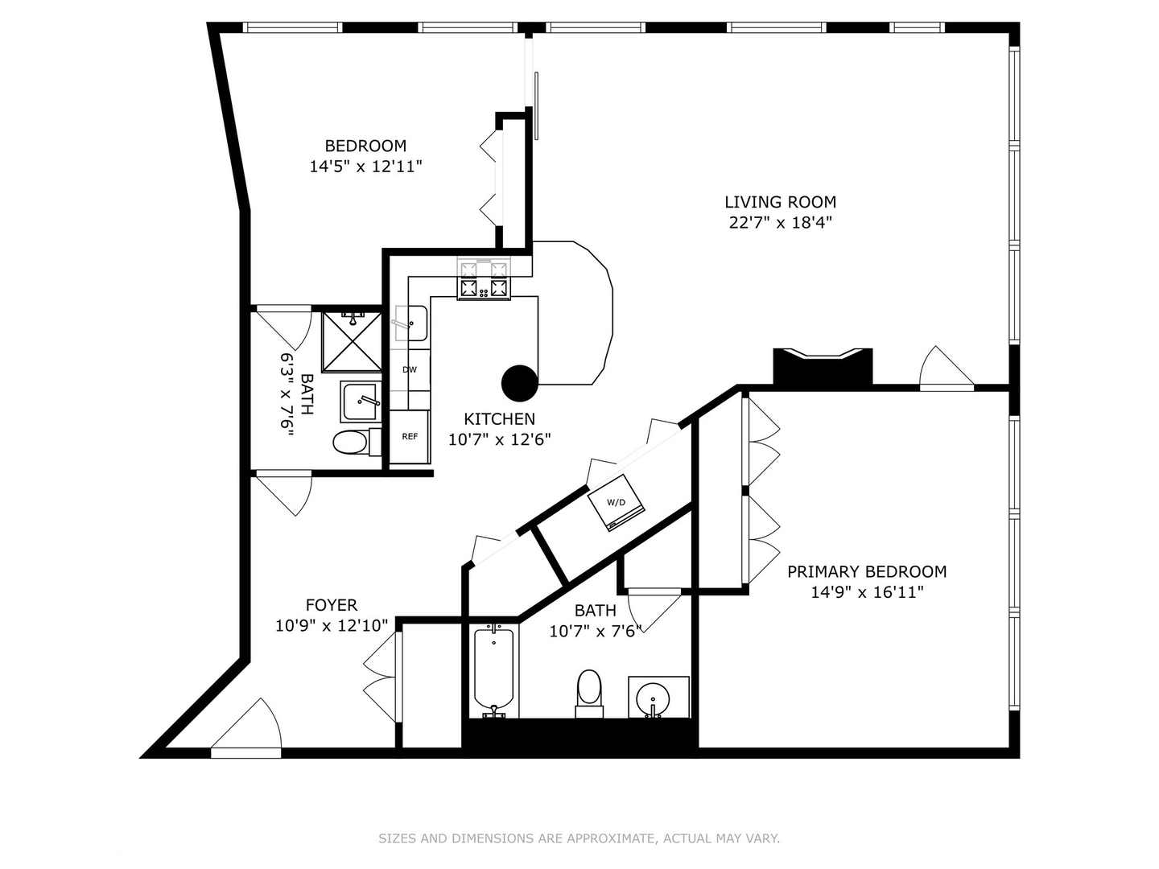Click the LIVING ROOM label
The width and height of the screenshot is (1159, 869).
(780, 202)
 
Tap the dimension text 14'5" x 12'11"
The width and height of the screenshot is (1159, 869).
(365, 167)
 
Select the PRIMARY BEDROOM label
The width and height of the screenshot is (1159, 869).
(866, 571)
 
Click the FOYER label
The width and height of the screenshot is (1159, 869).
(331, 605)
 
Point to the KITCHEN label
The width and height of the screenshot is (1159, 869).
(499, 418)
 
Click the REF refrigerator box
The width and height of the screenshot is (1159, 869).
(410, 437)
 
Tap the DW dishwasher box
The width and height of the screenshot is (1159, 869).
(410, 369)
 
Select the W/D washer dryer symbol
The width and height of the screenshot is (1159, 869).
(616, 503)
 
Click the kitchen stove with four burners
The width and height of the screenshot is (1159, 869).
(485, 279)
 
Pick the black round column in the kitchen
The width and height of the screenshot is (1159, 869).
(519, 383)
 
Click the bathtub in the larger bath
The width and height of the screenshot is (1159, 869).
(493, 669)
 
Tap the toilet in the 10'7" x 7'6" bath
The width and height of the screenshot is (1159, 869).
(589, 692)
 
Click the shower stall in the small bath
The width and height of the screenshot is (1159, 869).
(352, 342)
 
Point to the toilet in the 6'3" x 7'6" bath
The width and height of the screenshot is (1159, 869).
(352, 442)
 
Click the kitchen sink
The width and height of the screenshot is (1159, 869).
(411, 323)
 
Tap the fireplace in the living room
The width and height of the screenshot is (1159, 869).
(823, 367)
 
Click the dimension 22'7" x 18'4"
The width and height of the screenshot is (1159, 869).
(780, 223)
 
